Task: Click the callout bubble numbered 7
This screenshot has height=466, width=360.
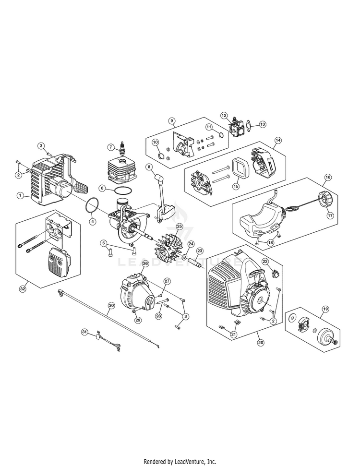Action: coord(110,147)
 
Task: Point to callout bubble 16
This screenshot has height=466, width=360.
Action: coord(327,178)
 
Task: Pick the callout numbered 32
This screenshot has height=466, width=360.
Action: coord(23,288)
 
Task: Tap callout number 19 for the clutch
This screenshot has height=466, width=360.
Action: coord(326,309)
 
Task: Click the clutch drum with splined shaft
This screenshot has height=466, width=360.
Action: coord(329,337)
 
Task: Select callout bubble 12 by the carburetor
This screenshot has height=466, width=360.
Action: coord(224,115)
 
